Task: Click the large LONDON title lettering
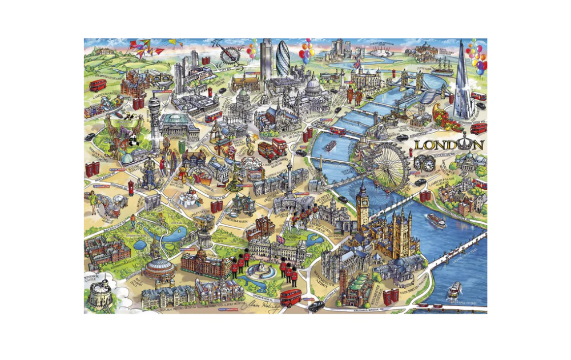(x=448, y=145)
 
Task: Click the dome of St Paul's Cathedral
(x=312, y=86)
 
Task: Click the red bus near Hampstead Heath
(x=98, y=85)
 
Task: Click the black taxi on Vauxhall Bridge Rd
(x=316, y=306)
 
